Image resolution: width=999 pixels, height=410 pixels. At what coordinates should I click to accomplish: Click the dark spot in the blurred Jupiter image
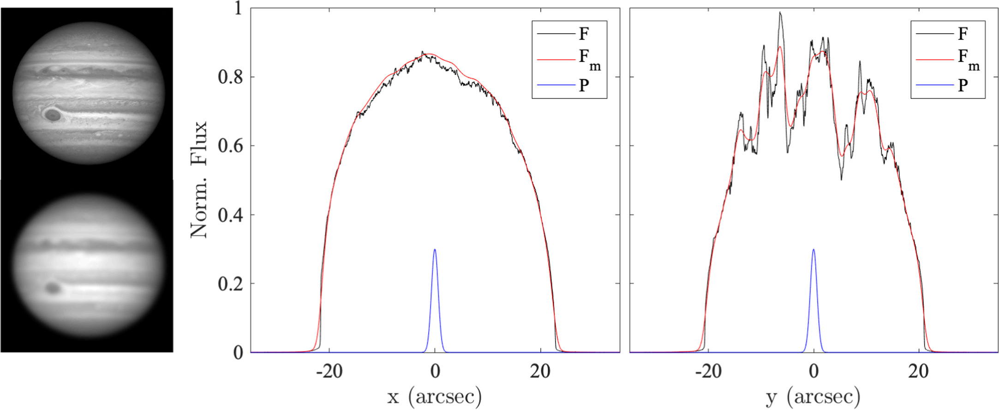53,289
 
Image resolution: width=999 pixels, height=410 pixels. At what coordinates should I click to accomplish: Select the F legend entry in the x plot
584,34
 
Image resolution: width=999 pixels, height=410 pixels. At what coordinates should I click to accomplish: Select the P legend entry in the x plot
584,85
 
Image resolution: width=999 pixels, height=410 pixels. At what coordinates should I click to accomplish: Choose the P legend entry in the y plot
963,85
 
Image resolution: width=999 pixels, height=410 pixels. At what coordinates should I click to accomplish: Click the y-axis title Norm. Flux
199,180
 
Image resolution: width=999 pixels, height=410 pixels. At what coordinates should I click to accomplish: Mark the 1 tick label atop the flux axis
238,8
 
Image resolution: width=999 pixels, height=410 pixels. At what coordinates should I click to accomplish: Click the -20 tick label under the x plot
329,371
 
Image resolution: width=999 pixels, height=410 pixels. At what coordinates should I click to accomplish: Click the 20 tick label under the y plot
918,371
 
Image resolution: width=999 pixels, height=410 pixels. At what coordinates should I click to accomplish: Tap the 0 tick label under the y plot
814,371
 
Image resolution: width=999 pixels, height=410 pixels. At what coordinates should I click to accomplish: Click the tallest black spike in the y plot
780,14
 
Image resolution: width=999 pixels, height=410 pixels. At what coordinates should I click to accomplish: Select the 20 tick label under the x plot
540,371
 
